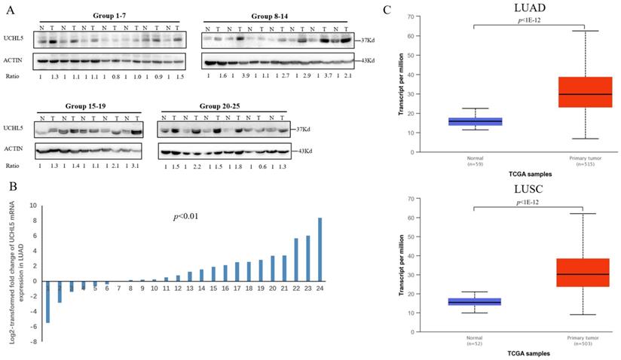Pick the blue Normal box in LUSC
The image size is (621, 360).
coord(475,302)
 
